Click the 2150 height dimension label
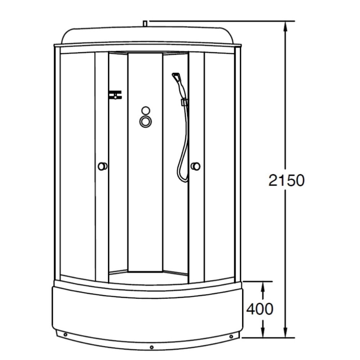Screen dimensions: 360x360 click(287, 180)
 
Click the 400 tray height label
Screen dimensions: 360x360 click(260, 309)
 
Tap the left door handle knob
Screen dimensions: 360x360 click(102, 166)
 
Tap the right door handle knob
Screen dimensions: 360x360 click(196, 166)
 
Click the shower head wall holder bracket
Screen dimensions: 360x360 click(184, 102)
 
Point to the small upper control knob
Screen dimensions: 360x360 click(145, 110)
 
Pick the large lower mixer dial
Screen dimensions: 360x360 click(145, 121)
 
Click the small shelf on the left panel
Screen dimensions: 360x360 click(115, 94)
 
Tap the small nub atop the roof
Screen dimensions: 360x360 click(145, 23)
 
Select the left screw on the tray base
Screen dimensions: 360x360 click(65, 335)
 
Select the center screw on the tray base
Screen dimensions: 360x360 click(152, 347)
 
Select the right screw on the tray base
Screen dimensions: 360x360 click(231, 337)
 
